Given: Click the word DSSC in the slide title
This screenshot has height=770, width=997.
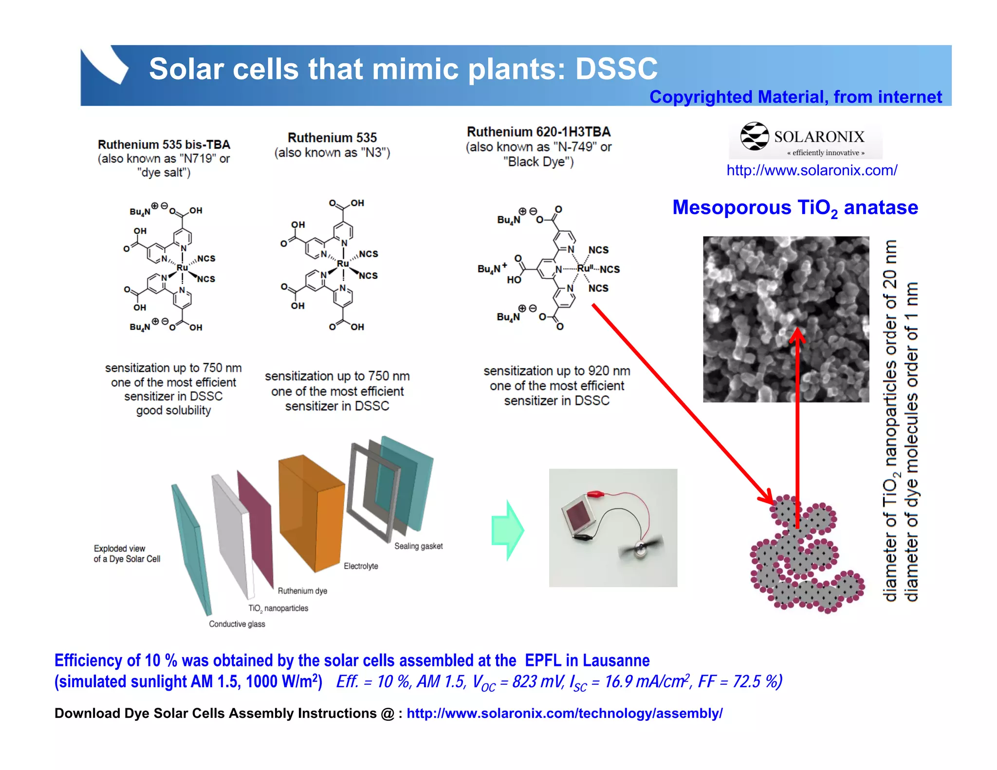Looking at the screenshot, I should pos(616,69).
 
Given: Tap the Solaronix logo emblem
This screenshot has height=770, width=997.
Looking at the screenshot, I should pos(754,136).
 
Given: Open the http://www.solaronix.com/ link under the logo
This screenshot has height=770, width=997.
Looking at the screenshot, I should pos(812,170).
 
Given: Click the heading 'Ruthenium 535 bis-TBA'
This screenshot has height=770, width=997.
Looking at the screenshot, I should pos(164,145).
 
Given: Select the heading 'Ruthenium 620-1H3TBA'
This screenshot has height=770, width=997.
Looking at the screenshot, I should pos(538,132).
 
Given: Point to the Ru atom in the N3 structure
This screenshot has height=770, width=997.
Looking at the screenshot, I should pos(343,263).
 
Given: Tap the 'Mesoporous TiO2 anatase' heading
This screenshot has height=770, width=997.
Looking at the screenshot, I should pos(795,208).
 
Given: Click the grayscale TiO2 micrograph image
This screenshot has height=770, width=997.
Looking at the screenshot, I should pos(786,319).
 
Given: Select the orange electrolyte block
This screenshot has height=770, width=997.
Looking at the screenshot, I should pos(312,511).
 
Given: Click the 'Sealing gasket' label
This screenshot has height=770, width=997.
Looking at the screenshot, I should pos(418,546).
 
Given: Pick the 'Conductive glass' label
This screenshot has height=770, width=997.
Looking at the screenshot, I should pos(237,624).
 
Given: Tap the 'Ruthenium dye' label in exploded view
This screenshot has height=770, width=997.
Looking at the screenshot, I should pos(302,591).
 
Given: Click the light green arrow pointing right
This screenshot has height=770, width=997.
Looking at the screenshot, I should pos(508,530).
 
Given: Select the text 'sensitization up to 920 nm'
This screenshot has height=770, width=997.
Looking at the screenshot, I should pos(556,371).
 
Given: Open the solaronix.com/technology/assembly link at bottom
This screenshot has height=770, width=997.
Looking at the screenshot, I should pos(564,714).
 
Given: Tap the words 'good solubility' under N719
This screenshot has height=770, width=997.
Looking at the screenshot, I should pos(173,411).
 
